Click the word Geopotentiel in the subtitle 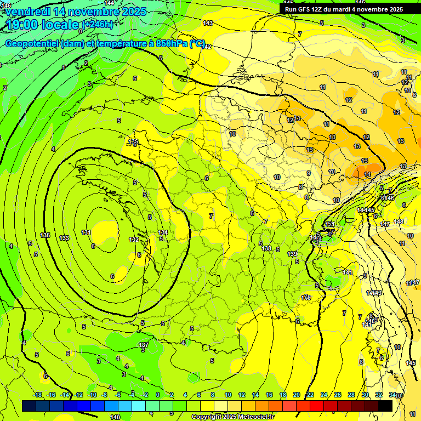[x=32, y=44]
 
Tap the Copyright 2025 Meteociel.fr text [x=241, y=417]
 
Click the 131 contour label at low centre [x=86, y=232]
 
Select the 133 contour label [x=64, y=238]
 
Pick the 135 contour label [x=45, y=235]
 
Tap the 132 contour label [x=134, y=240]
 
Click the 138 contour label [x=266, y=248]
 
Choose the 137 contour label [x=143, y=345]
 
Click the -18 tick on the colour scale [x=37, y=395]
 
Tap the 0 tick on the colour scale [x=158, y=395]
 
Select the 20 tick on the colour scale [x=296, y=395]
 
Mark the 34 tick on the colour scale [x=392, y=395]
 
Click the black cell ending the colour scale [x=385, y=406]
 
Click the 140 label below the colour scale [x=115, y=417]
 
